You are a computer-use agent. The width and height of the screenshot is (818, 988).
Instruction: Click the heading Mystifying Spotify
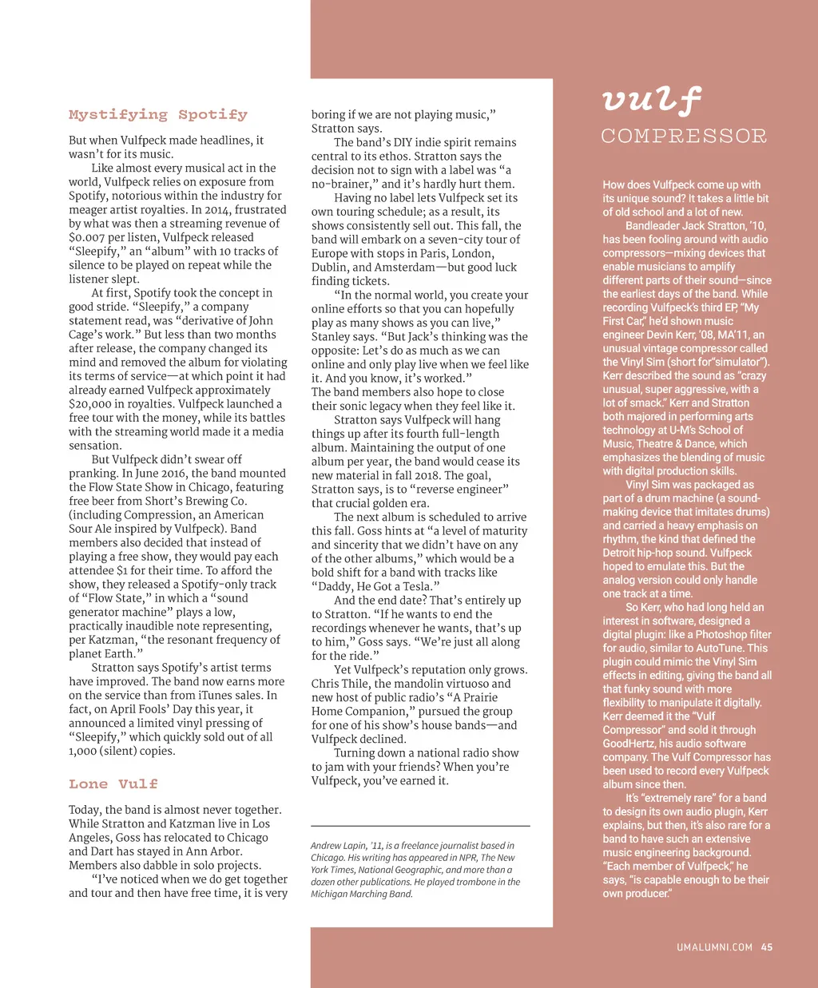(158, 115)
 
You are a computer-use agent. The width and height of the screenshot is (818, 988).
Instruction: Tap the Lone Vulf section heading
(113, 784)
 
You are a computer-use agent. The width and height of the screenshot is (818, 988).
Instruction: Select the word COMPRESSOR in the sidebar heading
(684, 137)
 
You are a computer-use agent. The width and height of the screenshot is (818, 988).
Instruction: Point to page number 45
(767, 947)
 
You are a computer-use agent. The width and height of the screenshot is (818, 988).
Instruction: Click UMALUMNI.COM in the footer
(714, 947)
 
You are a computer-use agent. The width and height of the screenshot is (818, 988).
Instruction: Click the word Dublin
(330, 268)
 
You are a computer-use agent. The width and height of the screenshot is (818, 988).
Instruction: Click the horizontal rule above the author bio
(420, 826)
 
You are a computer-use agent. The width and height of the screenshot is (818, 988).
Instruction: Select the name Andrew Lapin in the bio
(337, 846)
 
